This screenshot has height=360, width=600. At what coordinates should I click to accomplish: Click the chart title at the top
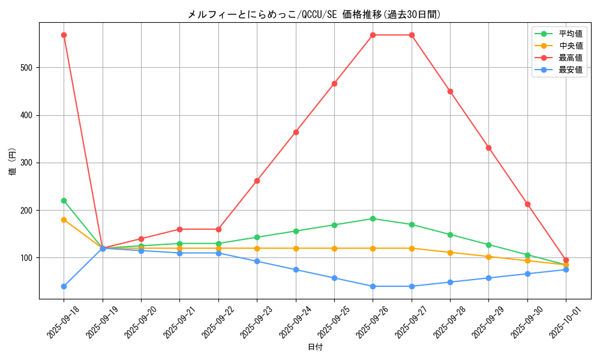(x=314, y=14)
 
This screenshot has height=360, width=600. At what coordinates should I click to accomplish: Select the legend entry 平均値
(x=571, y=34)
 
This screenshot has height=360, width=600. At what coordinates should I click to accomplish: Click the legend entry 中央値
(x=571, y=46)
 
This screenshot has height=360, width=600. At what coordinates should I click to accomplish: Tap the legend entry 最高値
(x=571, y=58)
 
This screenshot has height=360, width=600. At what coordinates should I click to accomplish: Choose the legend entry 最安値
(x=571, y=70)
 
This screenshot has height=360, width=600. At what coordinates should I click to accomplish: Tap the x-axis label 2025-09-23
(x=247, y=320)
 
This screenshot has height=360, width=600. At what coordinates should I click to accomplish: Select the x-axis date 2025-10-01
(x=556, y=320)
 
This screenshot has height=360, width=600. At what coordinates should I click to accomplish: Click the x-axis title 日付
(x=314, y=347)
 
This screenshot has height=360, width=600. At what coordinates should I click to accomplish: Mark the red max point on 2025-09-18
(x=64, y=35)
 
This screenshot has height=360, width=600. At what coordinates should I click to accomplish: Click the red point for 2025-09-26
(x=373, y=35)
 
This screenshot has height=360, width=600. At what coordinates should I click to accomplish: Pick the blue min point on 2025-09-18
(x=64, y=286)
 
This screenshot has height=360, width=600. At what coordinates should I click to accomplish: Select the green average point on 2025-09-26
(x=373, y=218)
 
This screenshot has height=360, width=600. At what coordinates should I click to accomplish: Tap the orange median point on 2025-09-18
(x=64, y=220)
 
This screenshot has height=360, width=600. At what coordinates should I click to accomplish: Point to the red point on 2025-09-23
(x=257, y=181)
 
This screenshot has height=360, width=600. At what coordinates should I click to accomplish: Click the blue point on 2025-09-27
(x=412, y=286)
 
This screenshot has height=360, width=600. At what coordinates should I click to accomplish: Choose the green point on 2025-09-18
(x=64, y=200)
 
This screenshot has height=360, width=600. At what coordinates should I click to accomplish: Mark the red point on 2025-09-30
(x=527, y=204)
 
